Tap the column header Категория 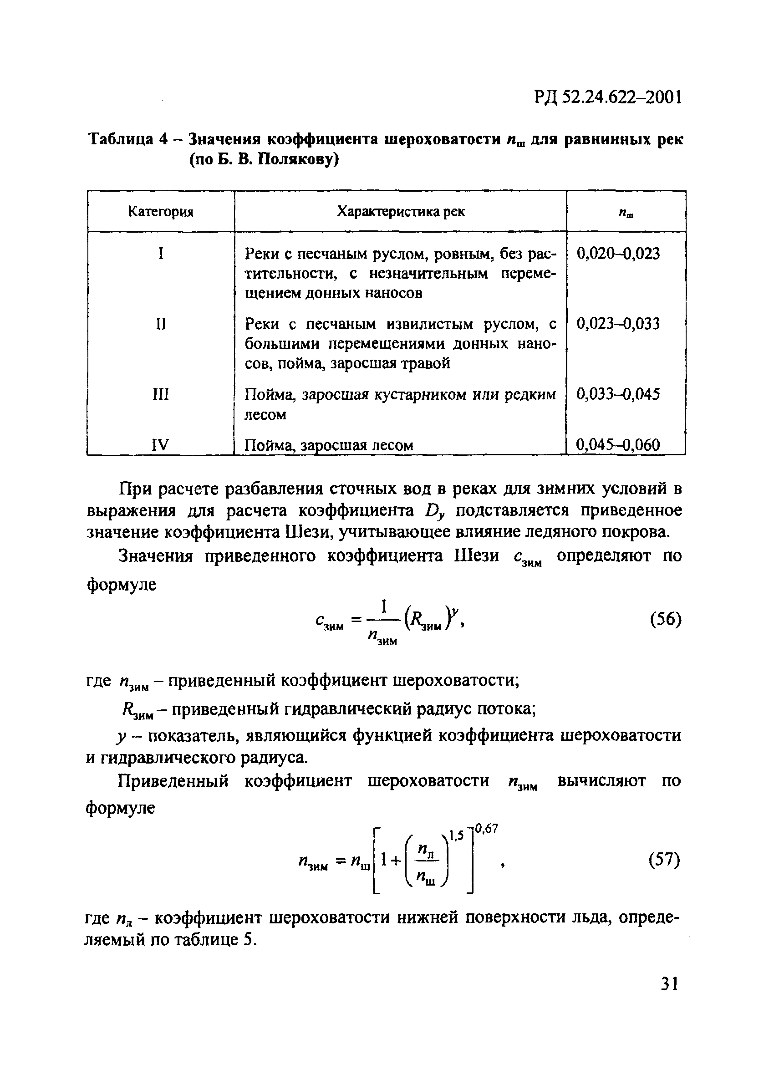tap(161, 212)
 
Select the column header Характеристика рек tap(401, 212)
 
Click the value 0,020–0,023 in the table tap(618, 254)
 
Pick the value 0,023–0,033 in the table tap(618, 324)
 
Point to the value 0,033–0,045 tap(618, 394)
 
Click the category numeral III tap(161, 394)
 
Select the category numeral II tap(161, 324)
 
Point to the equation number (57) tap(665, 859)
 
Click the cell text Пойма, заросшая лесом tap(328, 446)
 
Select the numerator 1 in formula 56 tap(384, 606)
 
